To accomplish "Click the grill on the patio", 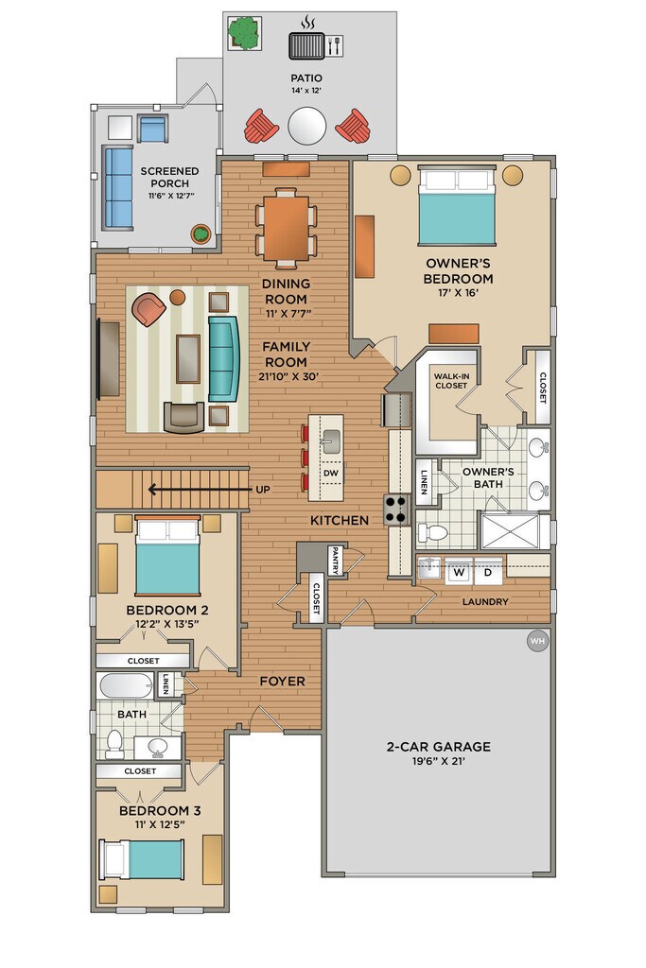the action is tap(307, 46).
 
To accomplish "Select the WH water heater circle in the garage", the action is tap(537, 641).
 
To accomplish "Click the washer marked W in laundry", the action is tap(459, 572).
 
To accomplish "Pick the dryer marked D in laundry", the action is tap(488, 572).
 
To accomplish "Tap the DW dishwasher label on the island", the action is tap(331, 473).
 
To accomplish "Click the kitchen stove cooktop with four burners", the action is tap(397, 510).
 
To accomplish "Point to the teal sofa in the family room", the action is tap(223, 358).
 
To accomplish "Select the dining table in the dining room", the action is tap(286, 228).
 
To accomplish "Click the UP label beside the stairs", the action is tap(263, 490).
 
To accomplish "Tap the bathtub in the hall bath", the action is tap(125, 685).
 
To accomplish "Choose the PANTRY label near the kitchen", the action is tap(334, 561).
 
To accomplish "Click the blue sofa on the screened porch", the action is tap(118, 187).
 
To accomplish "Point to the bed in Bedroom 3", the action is tap(142, 859).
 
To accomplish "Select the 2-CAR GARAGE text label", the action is tap(439, 747).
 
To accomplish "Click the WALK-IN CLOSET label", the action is tap(451, 381).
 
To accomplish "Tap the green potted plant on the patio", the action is tap(244, 33).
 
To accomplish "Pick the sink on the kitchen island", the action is tap(332, 442).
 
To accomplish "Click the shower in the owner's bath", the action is tap(510, 531).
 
